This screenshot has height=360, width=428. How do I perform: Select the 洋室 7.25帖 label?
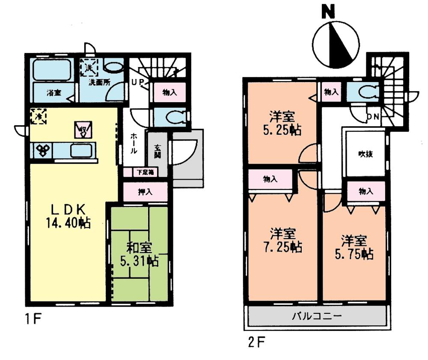click(282, 240)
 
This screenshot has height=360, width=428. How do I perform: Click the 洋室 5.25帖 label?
click(281, 123)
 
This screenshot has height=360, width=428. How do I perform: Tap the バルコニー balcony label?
click(316, 317)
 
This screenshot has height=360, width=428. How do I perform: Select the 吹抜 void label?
click(366, 154)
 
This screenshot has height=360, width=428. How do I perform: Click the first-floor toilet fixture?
click(176, 117)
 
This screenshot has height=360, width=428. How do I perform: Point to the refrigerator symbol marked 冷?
click(39, 116)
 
